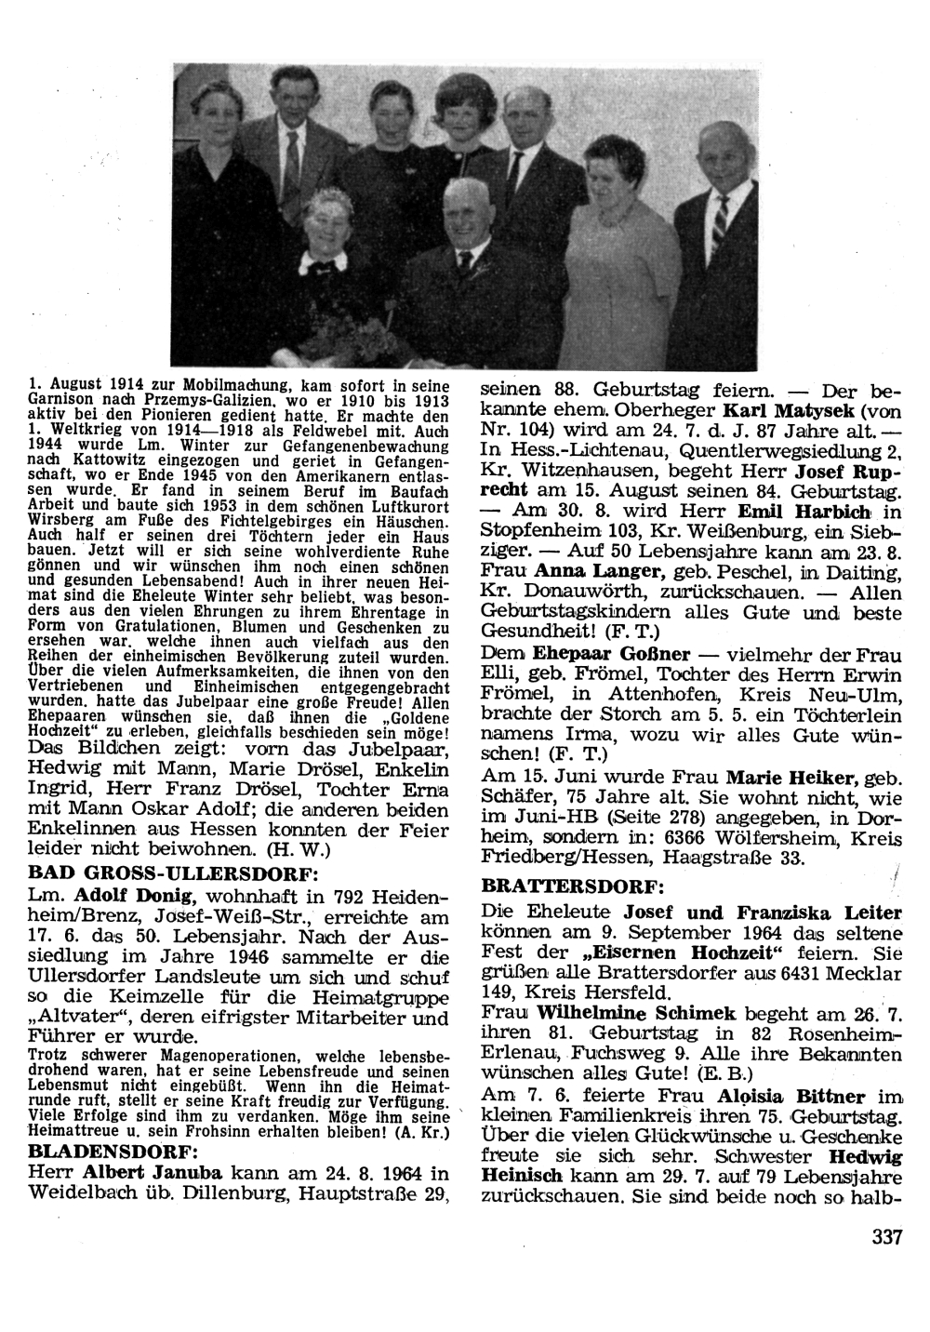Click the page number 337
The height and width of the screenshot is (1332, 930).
click(x=888, y=1237)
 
